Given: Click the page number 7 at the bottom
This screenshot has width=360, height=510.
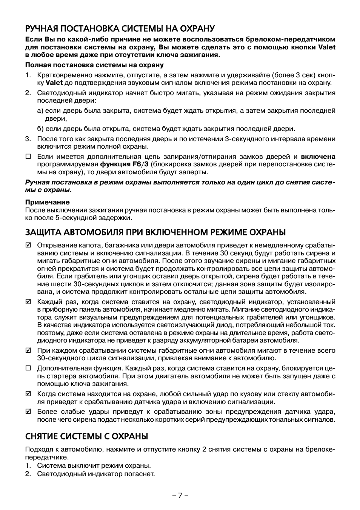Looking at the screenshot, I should [180, 495].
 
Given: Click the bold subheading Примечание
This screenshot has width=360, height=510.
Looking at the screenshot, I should [48, 202].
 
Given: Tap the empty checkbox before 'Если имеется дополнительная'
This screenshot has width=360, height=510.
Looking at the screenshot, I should [28, 157].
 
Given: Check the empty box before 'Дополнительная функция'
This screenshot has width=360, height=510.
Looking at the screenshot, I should [28, 368].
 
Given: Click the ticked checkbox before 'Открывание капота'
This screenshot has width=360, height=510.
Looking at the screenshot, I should [28, 246].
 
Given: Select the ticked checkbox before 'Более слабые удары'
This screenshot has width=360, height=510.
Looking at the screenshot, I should [28, 412].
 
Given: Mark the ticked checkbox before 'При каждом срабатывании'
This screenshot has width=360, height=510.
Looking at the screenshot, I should [28, 350].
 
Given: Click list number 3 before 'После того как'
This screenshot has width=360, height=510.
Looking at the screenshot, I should [28, 139].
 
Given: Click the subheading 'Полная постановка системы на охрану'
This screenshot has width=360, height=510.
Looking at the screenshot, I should [94, 65].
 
